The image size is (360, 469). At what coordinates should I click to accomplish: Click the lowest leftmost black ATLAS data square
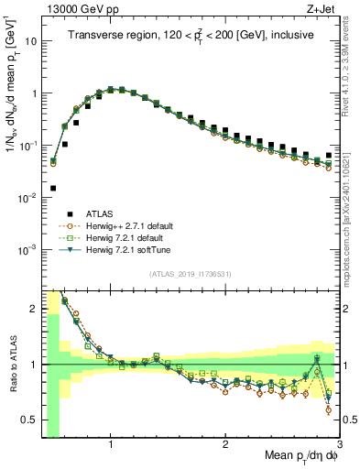coord(53,188)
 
